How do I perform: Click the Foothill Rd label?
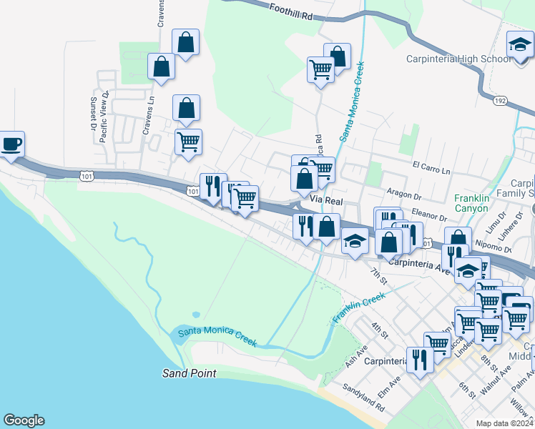[x=293, y=10]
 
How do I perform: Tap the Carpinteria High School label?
[x=458, y=59]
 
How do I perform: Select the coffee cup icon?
[x=11, y=144]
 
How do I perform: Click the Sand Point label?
[x=189, y=373]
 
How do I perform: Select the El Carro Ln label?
[x=431, y=167]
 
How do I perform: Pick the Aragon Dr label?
[x=406, y=193]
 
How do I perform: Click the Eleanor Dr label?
[x=428, y=214]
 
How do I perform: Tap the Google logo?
[x=24, y=420]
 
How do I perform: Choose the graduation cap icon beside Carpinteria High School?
[x=519, y=44]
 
